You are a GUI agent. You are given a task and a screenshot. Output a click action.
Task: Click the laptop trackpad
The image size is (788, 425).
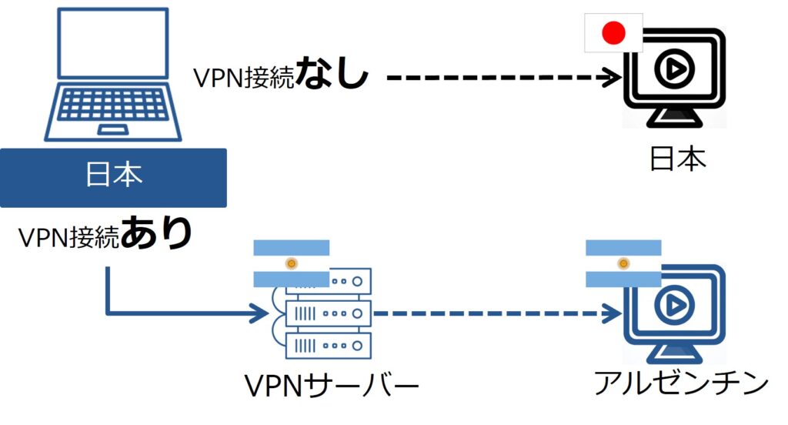(x=113, y=129)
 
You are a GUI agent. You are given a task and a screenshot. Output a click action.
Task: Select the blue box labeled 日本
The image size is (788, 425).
(x=113, y=177)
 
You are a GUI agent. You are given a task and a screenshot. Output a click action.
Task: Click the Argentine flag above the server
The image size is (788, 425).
(x=291, y=263)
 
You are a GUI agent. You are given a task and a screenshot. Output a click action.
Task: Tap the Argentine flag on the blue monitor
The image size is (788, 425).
(x=623, y=263)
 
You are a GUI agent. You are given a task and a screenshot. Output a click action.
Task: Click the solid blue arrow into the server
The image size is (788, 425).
(x=185, y=313)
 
